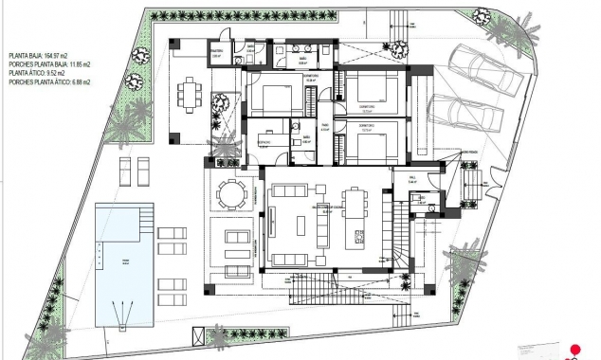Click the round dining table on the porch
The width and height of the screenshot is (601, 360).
click(x=230, y=194)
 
